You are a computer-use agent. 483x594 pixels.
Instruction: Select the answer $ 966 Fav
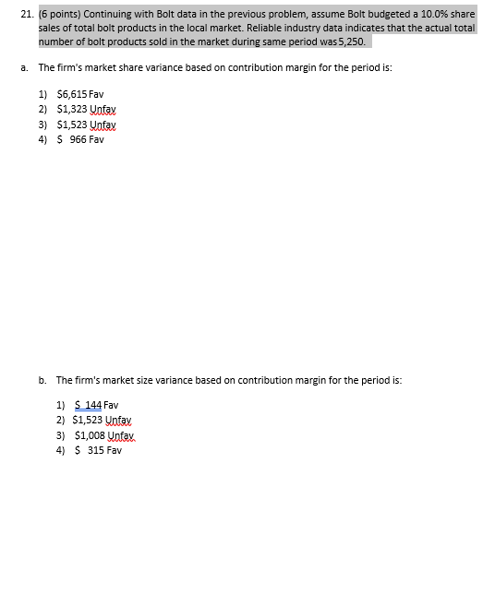click(81, 138)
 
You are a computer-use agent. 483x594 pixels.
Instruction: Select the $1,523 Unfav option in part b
click(105, 420)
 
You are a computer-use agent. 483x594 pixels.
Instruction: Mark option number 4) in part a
click(42, 138)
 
